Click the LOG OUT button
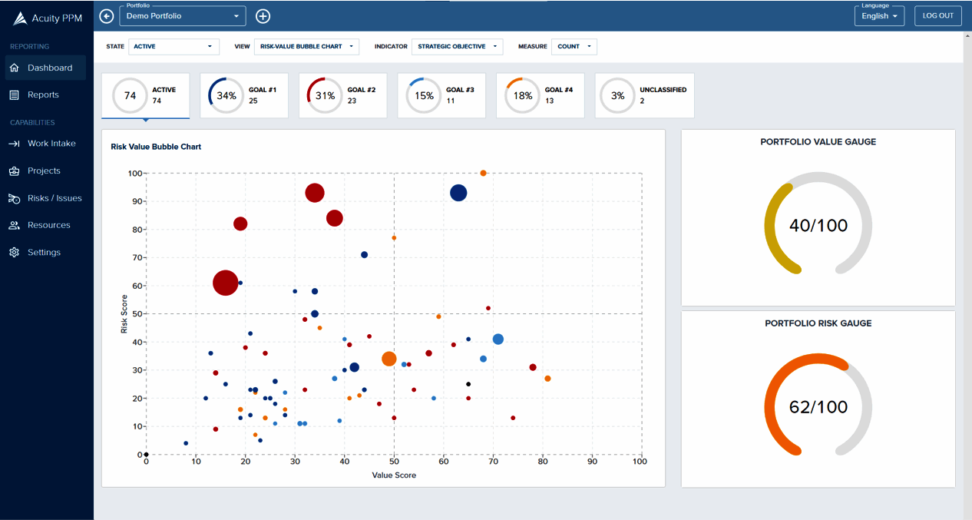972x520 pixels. [937, 16]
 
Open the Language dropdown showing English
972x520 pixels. [879, 16]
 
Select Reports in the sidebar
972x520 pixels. [43, 94]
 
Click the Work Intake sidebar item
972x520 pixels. [51, 144]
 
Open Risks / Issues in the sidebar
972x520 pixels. [55, 198]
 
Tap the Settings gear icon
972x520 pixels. [14, 253]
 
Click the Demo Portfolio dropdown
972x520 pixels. [183, 16]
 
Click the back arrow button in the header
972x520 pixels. [107, 16]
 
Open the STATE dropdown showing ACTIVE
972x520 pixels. [174, 47]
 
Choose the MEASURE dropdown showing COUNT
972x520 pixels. [575, 47]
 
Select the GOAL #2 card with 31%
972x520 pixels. [342, 96]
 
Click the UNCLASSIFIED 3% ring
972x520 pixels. [618, 96]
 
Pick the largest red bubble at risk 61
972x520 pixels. [225, 283]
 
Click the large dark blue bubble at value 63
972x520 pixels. [458, 193]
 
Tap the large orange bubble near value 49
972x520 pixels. [389, 359]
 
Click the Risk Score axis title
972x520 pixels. [124, 314]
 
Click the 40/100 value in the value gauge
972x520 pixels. [818, 226]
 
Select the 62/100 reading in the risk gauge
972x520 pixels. [818, 407]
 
